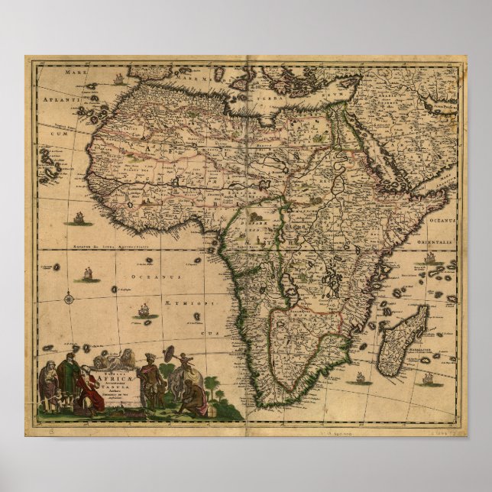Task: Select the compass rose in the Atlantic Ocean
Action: (x=70, y=298)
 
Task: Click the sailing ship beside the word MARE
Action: (x=119, y=78)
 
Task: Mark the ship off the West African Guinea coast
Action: (x=78, y=219)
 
